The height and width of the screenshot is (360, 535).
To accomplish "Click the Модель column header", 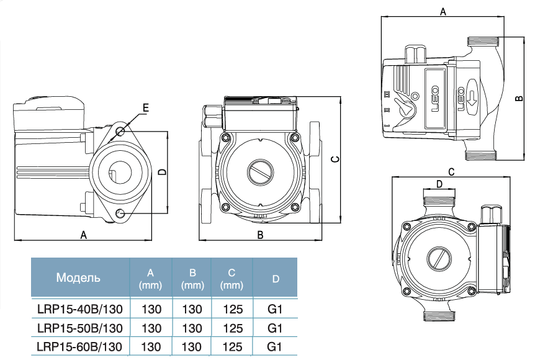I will [x=78, y=277].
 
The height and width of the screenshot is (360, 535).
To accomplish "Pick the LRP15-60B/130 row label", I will [x=80, y=346].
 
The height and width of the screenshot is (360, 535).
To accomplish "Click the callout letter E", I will [x=146, y=108].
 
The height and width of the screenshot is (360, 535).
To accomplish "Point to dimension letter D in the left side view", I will [x=161, y=172].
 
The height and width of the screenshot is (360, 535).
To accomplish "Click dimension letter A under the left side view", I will [x=83, y=235].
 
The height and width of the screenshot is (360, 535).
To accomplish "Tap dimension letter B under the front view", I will [x=261, y=235].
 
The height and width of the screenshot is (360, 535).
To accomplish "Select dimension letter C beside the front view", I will [x=335, y=160].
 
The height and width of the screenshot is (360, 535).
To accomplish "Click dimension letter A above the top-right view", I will [x=443, y=11].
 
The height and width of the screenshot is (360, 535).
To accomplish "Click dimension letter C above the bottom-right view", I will [x=451, y=171].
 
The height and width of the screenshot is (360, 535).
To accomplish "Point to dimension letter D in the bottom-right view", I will [x=439, y=184].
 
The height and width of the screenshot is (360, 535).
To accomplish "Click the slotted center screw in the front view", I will [x=259, y=173].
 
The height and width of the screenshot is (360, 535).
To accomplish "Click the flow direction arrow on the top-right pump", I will [x=470, y=95].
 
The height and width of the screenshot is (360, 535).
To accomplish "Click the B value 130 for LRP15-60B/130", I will [x=192, y=346].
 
